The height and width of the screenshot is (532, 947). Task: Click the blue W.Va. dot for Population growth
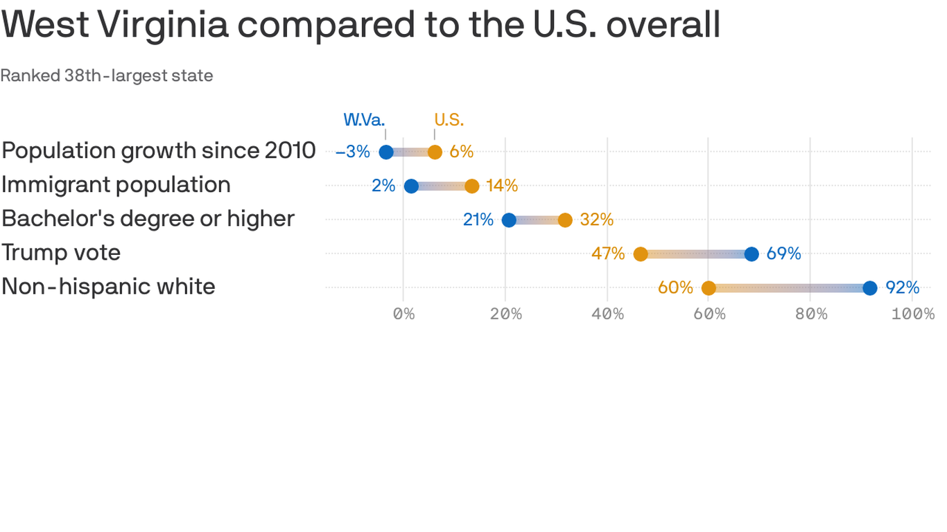point(386,152)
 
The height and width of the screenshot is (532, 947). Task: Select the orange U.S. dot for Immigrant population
point(471,186)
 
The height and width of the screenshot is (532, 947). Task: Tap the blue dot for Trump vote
point(751,254)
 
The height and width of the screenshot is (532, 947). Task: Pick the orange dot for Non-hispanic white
point(709,288)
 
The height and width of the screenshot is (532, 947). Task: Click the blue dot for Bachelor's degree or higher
point(509,220)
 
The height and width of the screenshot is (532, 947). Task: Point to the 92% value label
point(902,287)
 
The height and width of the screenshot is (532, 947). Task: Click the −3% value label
point(353,152)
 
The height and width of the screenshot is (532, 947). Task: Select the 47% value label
point(608,254)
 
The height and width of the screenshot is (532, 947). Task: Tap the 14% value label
point(501,186)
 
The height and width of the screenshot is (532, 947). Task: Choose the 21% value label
point(478,220)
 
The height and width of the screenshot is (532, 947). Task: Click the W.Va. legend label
point(364,120)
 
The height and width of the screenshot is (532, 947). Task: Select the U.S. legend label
point(449,120)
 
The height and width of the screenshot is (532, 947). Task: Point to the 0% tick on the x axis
point(403,314)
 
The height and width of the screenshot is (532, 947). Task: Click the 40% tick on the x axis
point(607,314)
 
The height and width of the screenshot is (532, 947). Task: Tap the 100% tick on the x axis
point(913,314)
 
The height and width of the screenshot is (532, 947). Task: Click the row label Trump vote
point(61,253)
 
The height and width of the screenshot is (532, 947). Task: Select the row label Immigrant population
point(116,185)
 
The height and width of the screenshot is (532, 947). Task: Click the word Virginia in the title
point(163,25)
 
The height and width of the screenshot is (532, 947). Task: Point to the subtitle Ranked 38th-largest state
point(107,76)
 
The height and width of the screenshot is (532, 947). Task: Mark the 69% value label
point(783,254)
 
